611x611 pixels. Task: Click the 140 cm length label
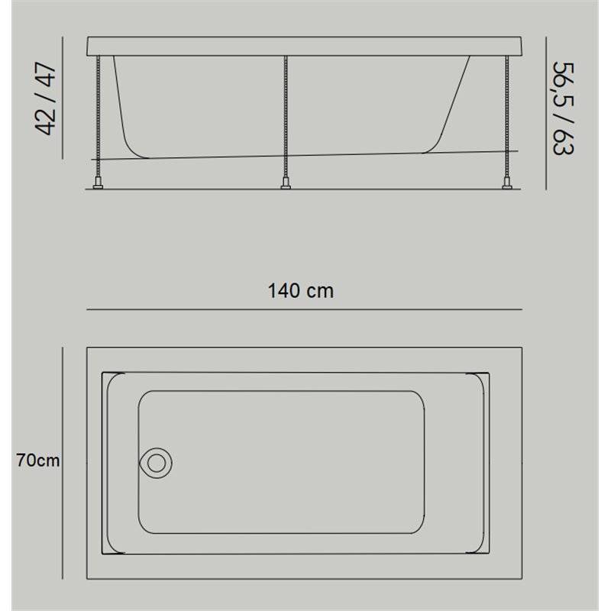click(x=300, y=291)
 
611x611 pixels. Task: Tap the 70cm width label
click(x=37, y=461)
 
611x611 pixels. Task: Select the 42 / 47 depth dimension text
click(x=46, y=98)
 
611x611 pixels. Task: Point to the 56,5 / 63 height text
click(x=564, y=108)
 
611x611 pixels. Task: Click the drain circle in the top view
click(x=156, y=463)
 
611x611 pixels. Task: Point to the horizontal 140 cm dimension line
click(x=304, y=309)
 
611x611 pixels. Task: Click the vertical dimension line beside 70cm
click(x=63, y=463)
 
